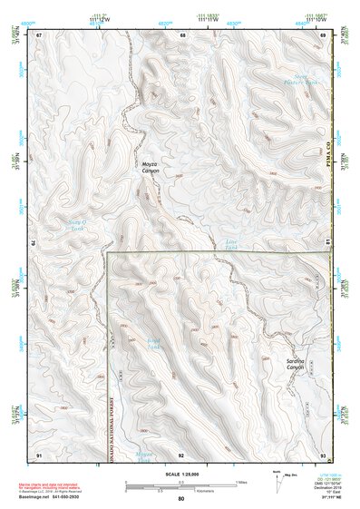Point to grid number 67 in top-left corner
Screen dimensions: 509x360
tap(40, 34)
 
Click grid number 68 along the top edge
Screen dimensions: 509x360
tap(182, 34)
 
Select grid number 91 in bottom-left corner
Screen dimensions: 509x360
tap(40, 454)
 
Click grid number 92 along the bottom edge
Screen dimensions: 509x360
tap(181, 454)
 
